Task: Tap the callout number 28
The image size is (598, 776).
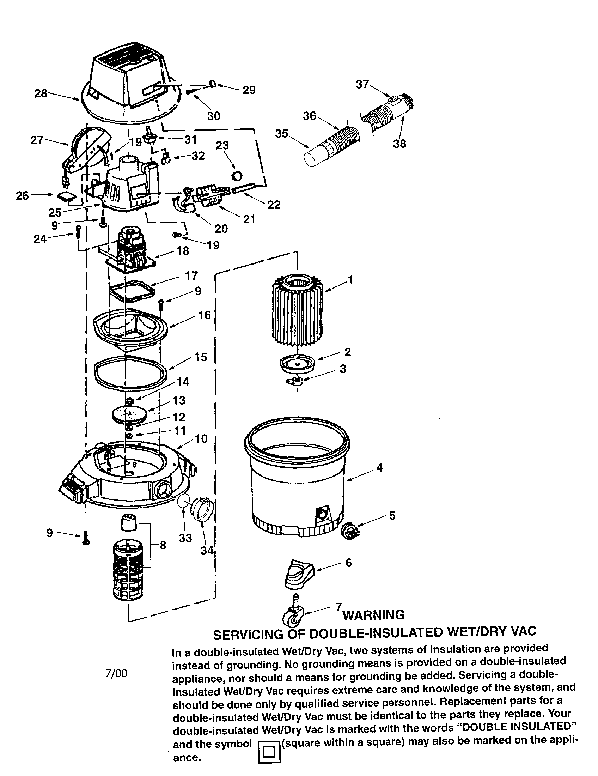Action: pyautogui.click(x=41, y=93)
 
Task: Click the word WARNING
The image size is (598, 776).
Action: pyautogui.click(x=373, y=614)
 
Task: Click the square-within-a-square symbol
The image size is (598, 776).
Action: pyautogui.click(x=268, y=761)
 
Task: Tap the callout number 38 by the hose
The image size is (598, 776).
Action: pyautogui.click(x=399, y=144)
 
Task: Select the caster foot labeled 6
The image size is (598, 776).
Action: pyautogui.click(x=299, y=573)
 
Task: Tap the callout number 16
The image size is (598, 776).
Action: pyautogui.click(x=205, y=315)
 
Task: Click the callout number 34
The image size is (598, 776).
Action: pyautogui.click(x=207, y=550)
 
